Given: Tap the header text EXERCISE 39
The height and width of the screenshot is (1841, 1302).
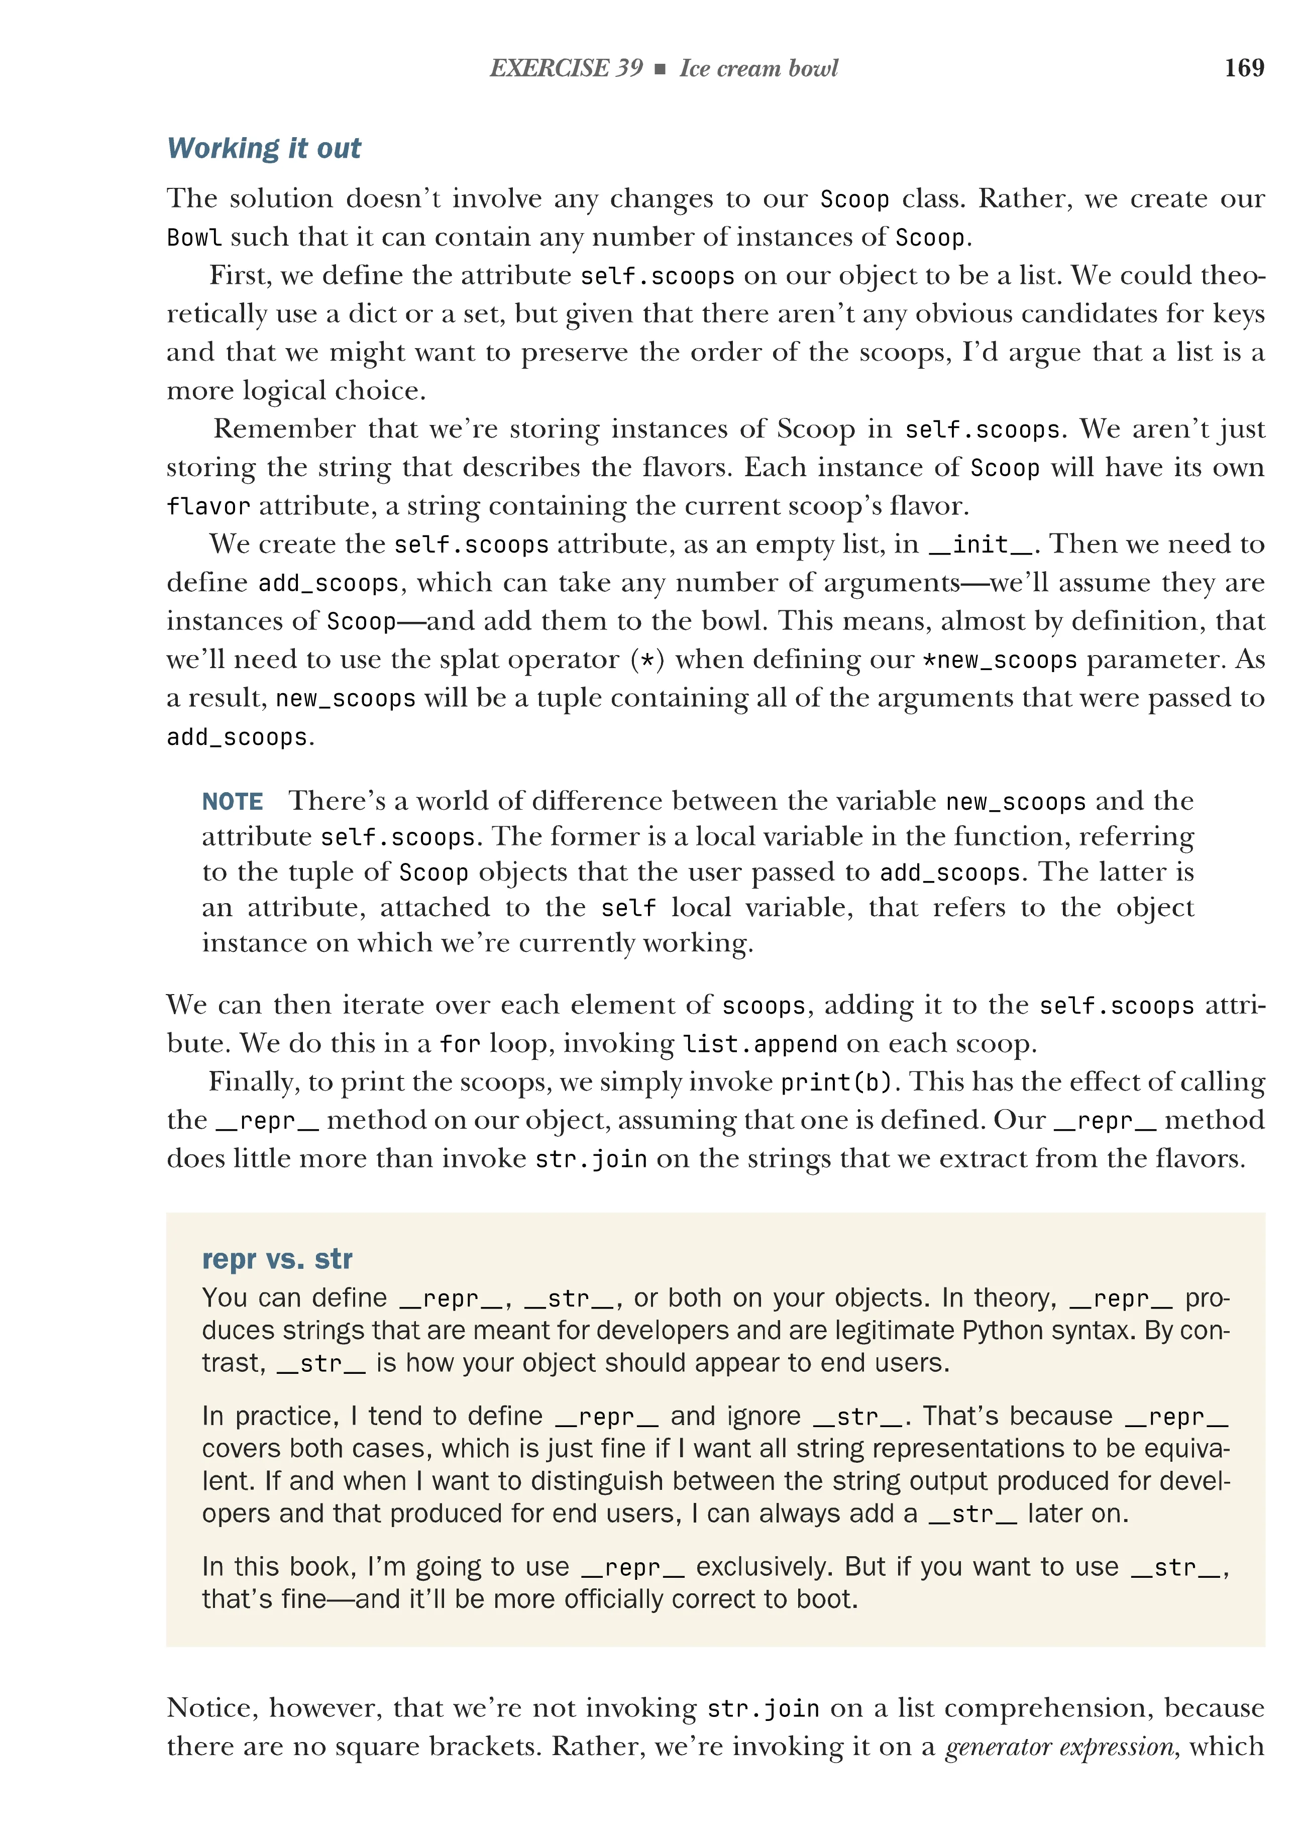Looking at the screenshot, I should (566, 68).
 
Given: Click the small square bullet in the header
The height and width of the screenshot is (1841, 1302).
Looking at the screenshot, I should (660, 69).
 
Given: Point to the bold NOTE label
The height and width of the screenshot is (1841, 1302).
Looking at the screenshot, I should (233, 801).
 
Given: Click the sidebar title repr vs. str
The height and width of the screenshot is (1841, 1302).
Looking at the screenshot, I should (277, 1259).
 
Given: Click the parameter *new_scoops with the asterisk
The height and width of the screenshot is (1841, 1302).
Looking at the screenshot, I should (999, 660).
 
